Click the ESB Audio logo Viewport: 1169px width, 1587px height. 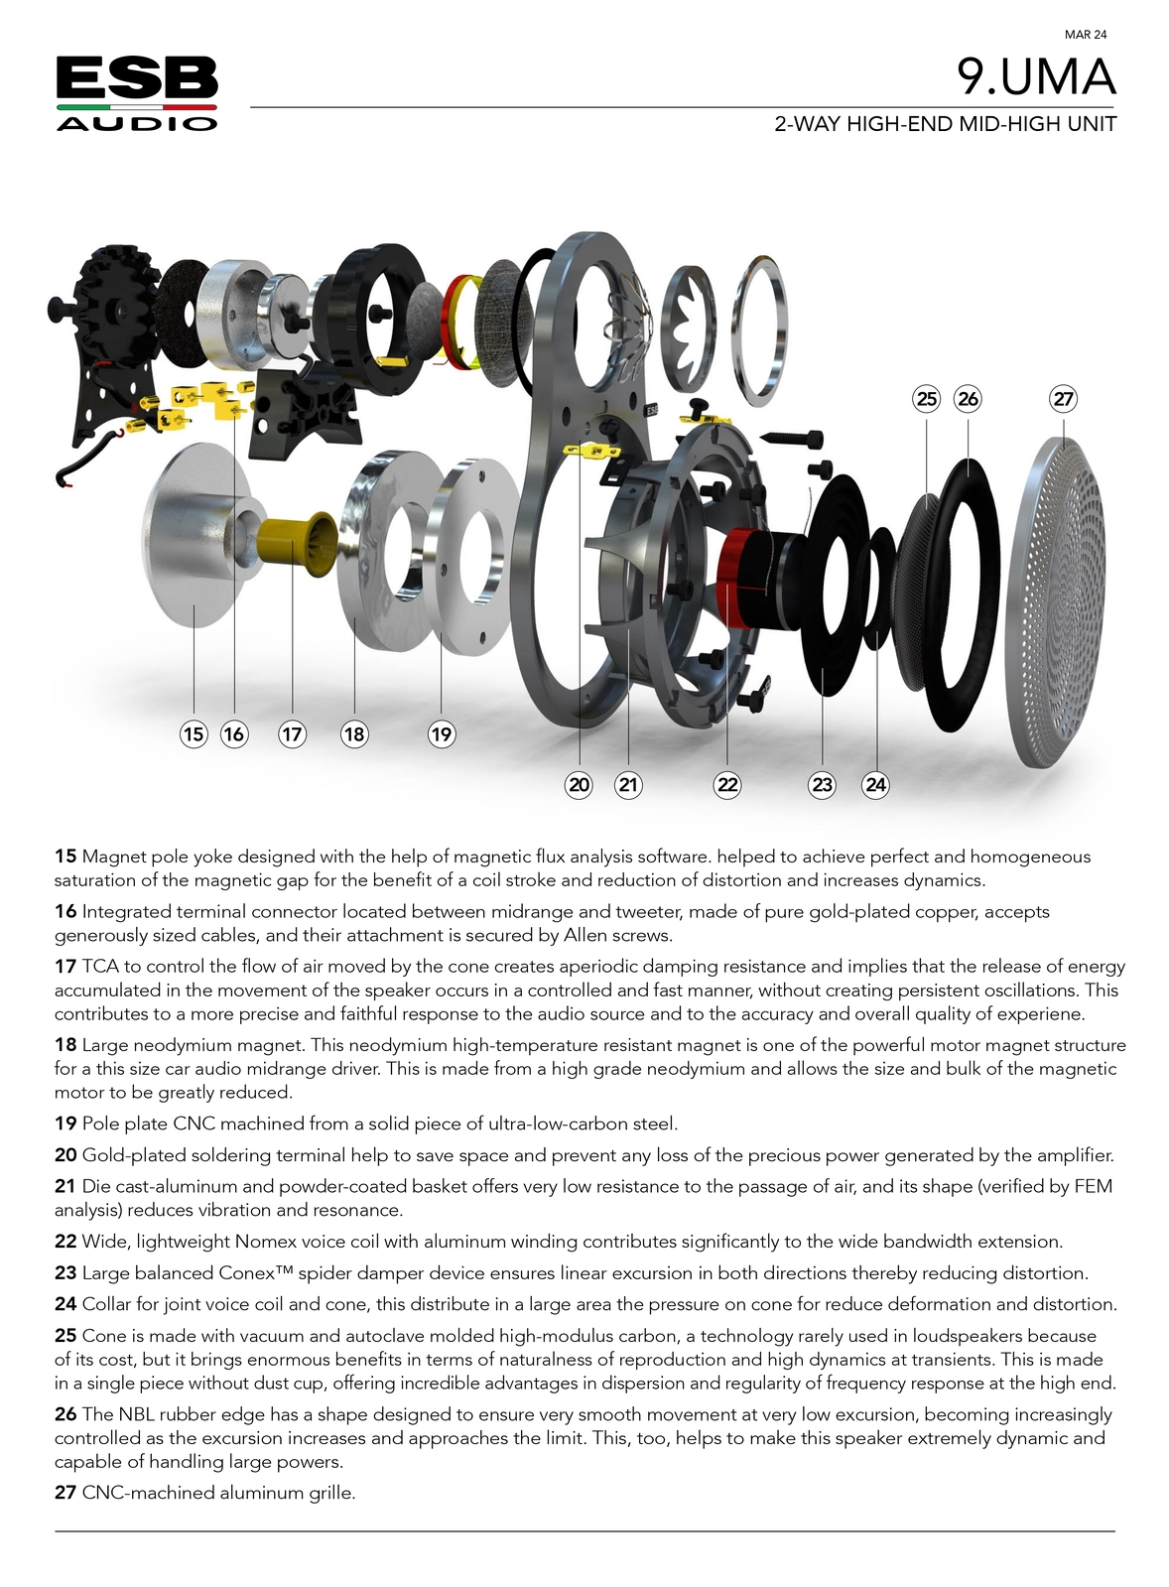click(137, 93)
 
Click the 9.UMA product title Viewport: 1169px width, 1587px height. click(1036, 76)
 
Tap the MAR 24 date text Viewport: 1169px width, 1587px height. click(1086, 34)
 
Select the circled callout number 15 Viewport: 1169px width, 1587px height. click(194, 734)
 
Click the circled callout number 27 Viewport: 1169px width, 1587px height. click(1063, 399)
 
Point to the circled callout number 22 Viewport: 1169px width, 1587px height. click(727, 784)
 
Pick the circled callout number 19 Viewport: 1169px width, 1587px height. click(442, 734)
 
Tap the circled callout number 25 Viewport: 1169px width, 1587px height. click(927, 399)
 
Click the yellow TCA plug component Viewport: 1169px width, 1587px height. click(297, 543)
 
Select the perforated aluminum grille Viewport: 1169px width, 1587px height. click(1056, 602)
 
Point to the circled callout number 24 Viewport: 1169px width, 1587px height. click(875, 784)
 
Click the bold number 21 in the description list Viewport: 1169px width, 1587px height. click(65, 1186)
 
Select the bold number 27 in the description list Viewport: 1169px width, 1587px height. click(65, 1493)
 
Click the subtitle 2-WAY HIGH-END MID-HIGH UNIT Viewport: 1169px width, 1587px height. click(945, 124)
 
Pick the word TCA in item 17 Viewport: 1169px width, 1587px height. click(97, 967)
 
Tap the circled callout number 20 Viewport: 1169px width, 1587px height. click(579, 784)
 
